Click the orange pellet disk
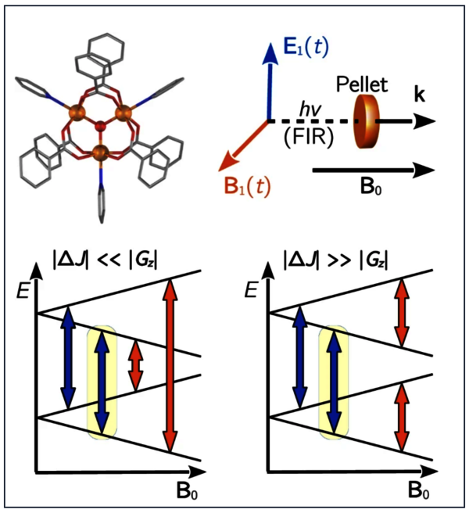(364, 121)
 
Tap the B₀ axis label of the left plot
(182, 493)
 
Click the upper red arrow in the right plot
(401, 314)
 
